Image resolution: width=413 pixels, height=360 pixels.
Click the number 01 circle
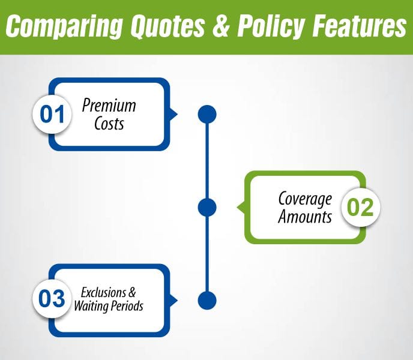click(52, 114)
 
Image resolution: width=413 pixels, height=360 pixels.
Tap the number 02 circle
click(361, 208)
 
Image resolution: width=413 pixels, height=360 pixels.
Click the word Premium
click(109, 106)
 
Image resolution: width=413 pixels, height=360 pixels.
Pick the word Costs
click(109, 124)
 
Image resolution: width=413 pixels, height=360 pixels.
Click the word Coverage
click(305, 199)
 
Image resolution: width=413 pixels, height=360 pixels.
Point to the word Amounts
click(305, 217)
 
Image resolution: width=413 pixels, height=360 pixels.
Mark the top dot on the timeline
click(207, 114)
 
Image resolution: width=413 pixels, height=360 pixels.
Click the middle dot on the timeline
click(207, 208)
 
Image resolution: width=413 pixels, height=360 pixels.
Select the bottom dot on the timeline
click(207, 300)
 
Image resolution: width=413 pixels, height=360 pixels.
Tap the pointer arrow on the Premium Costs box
click(173, 114)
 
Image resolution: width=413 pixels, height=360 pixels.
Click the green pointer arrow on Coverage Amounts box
click(241, 208)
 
